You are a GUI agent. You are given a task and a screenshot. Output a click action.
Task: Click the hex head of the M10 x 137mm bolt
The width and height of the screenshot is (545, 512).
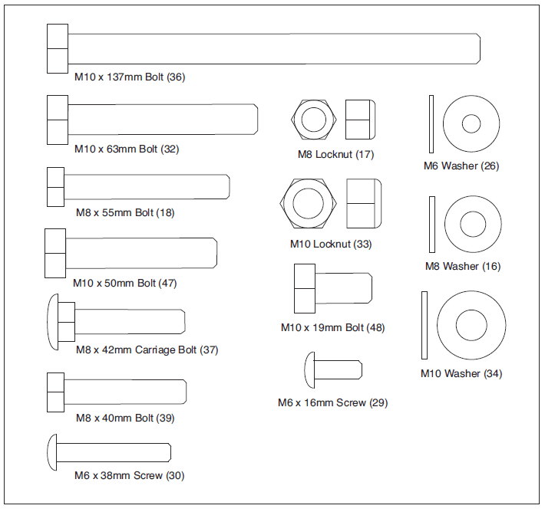click(x=58, y=48)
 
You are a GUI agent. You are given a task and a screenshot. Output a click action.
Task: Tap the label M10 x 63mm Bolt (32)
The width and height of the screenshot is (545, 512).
click(x=127, y=149)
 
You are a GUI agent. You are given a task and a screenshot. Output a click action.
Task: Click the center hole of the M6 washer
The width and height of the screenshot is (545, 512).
click(x=471, y=123)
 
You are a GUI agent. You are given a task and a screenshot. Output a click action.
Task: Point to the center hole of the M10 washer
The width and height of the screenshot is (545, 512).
click(x=471, y=325)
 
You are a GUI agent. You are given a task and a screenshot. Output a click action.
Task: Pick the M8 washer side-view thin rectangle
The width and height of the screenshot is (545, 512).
click(x=431, y=223)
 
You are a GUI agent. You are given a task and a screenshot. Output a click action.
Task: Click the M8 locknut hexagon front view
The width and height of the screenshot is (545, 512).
click(x=312, y=120)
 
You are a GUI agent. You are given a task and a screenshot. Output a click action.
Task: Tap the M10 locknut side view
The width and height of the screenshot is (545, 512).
click(x=363, y=204)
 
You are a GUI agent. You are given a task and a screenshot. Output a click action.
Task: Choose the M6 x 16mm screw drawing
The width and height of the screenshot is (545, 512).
click(x=334, y=369)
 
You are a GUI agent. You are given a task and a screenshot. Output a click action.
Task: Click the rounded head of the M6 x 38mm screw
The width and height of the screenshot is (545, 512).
click(x=53, y=452)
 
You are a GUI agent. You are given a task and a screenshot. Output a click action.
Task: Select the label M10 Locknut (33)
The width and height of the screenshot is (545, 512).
click(x=331, y=245)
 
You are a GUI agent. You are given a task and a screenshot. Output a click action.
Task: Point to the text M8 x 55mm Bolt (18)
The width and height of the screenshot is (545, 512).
click(x=124, y=212)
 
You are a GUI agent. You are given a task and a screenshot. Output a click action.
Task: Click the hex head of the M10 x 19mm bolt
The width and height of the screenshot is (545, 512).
click(x=304, y=288)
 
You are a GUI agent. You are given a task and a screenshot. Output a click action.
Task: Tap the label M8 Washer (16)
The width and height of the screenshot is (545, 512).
click(x=463, y=267)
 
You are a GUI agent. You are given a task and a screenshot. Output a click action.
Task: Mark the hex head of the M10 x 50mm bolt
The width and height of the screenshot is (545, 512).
click(x=55, y=253)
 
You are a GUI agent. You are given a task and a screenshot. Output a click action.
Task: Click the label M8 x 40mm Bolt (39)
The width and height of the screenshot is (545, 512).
click(x=124, y=418)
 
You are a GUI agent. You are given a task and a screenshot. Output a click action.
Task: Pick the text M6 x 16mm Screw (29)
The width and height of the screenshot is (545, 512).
click(x=332, y=402)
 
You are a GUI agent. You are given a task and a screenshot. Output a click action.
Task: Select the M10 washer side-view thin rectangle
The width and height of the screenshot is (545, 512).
click(x=424, y=325)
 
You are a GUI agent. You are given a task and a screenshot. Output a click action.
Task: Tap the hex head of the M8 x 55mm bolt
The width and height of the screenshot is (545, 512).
click(x=54, y=187)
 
